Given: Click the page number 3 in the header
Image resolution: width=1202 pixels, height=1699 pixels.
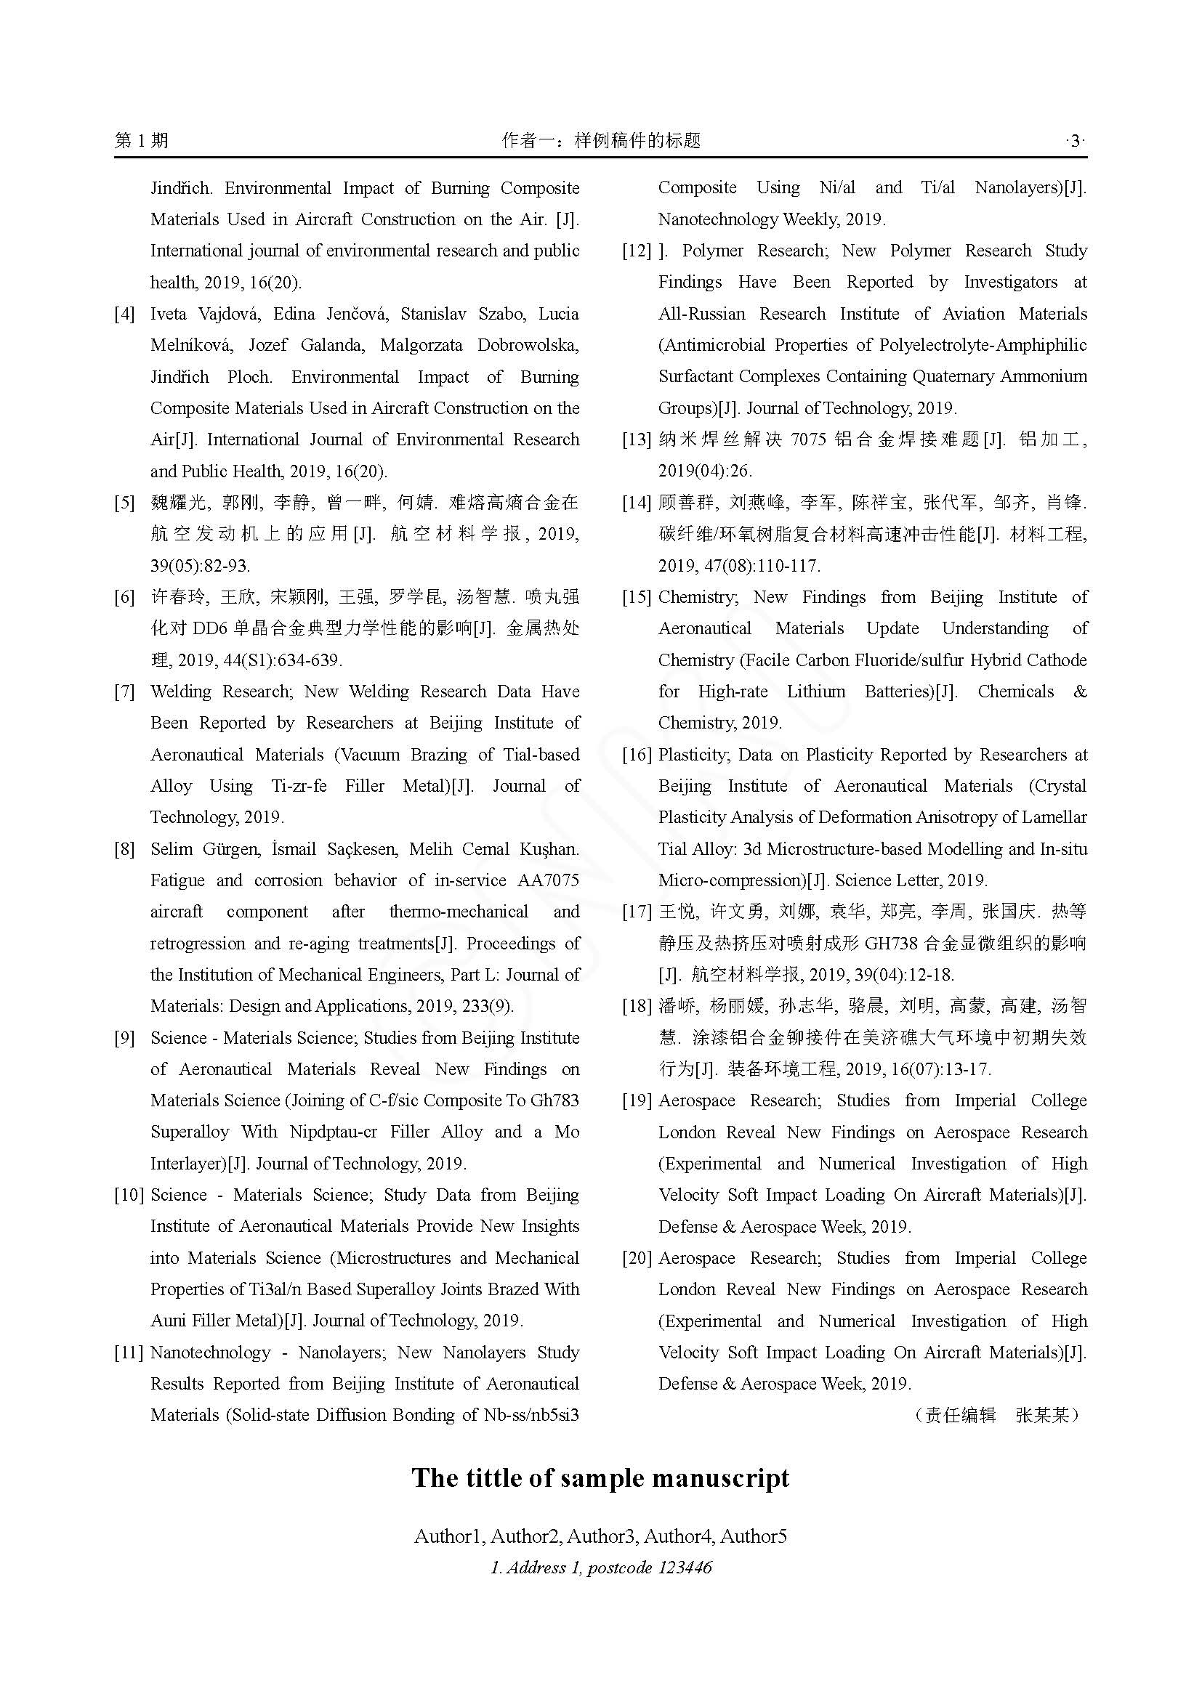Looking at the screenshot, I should (x=1074, y=141).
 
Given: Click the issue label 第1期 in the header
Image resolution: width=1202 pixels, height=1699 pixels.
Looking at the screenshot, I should (x=142, y=141).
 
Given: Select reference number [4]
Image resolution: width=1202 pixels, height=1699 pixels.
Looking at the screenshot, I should (x=124, y=314).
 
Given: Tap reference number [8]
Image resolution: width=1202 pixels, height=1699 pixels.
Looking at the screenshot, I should (x=124, y=848).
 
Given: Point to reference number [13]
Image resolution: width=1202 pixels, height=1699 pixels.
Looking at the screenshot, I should (x=637, y=439).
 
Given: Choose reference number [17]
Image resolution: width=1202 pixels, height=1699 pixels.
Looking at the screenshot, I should (x=637, y=912).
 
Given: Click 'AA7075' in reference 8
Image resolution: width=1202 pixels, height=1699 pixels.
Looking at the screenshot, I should (x=549, y=880).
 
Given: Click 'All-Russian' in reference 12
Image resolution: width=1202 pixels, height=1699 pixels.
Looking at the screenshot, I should (x=702, y=314).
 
